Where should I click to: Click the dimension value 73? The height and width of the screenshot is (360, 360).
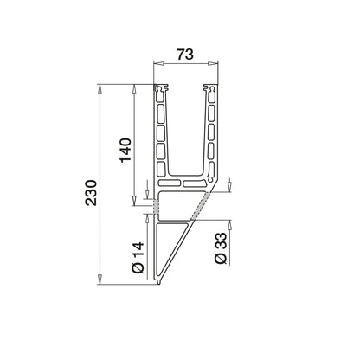[183, 53]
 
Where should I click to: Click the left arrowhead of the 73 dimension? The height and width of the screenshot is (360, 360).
[157, 64]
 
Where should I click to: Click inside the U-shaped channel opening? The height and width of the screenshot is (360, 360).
[184, 130]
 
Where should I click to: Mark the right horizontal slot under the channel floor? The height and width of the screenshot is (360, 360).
[194, 184]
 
